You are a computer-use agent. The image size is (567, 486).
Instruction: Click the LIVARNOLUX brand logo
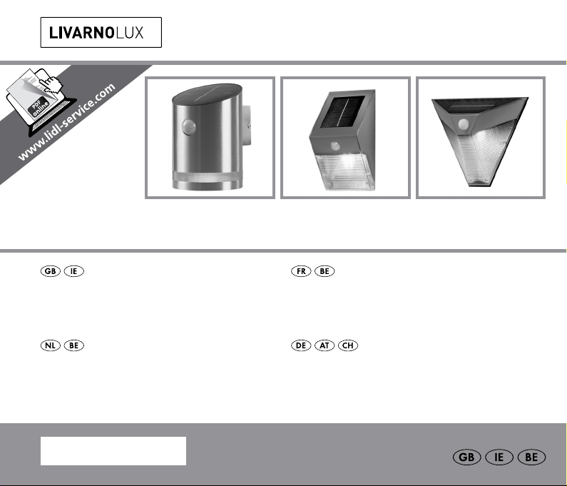[x=101, y=32]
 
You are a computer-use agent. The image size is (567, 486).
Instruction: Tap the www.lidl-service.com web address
[x=67, y=122]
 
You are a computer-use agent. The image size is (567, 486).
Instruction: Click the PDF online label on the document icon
[x=39, y=107]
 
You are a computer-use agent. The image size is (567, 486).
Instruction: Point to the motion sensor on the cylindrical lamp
[x=188, y=127]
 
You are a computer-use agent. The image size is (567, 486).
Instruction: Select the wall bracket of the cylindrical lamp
[x=246, y=126]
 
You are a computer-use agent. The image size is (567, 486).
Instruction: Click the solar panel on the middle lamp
[x=342, y=111]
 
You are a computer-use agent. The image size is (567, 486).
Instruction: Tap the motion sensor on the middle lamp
[x=335, y=146]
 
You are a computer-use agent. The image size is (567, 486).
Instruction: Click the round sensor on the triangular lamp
[x=463, y=124]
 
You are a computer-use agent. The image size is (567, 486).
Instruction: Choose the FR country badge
[x=301, y=271]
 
